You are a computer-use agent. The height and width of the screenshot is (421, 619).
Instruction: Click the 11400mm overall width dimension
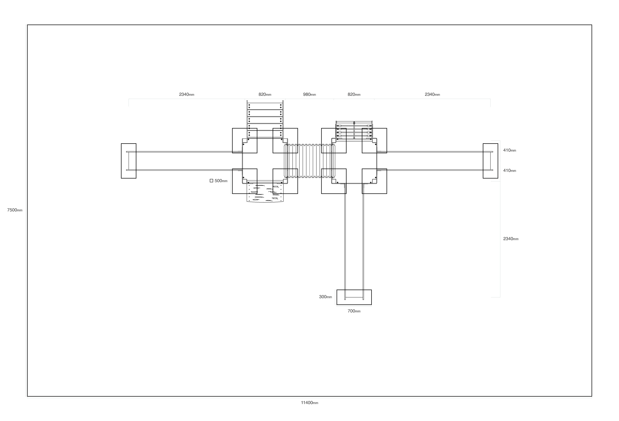coord(310,403)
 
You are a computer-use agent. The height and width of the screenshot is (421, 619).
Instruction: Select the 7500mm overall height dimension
coord(15,210)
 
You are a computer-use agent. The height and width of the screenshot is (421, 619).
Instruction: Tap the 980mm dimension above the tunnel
coord(310,94)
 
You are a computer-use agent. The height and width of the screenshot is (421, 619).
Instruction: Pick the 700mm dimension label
coord(354,311)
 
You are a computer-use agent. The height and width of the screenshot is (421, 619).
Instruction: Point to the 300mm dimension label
coord(325,297)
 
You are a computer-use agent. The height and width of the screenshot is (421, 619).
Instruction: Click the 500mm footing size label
coord(221,181)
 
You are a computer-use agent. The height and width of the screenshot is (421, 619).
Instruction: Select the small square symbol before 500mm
coord(211,181)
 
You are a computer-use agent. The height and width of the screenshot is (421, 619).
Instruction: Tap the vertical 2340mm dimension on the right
coord(511,239)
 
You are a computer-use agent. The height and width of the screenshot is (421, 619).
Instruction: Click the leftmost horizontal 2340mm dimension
coord(187,94)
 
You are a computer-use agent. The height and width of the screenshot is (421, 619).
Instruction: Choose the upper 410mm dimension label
coord(509,150)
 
